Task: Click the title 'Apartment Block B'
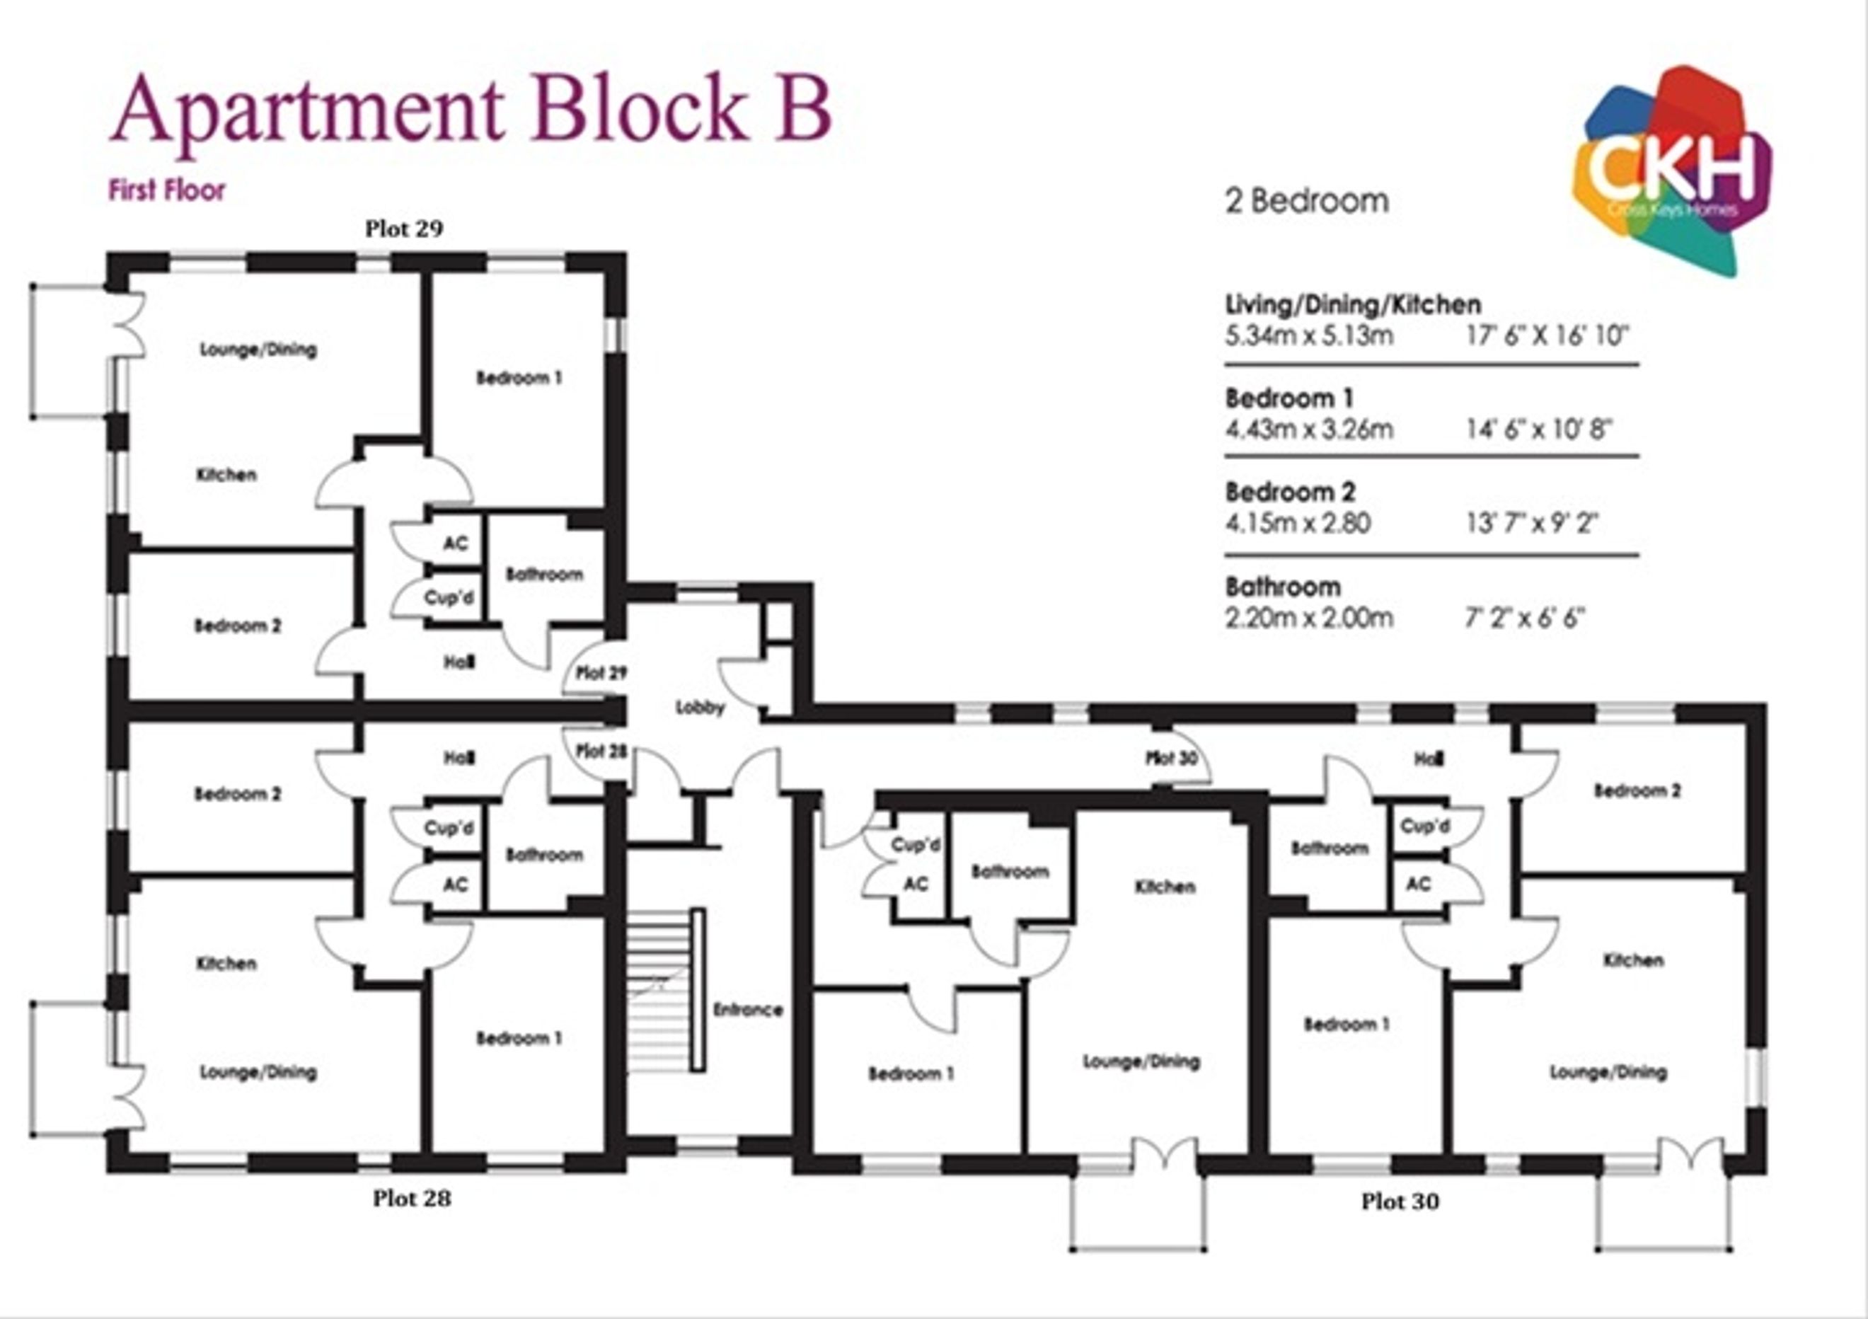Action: coord(471,113)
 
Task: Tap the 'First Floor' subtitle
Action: coord(167,190)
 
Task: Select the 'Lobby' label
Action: coord(700,707)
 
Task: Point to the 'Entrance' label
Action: coord(748,1010)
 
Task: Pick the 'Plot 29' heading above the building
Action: coord(403,229)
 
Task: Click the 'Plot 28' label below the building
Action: coord(412,1199)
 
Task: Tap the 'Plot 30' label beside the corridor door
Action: coord(1172,758)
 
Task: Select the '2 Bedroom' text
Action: coord(1308,201)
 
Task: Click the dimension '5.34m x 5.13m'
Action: coord(1309,335)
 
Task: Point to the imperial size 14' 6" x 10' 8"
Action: coord(1539,429)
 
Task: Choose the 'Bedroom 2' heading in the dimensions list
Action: coord(1291,493)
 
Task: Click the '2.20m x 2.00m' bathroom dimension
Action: coord(1309,618)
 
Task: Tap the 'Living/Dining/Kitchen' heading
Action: coord(1353,305)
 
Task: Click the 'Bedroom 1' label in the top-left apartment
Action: coord(519,378)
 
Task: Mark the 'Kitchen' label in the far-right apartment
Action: coord(1633,960)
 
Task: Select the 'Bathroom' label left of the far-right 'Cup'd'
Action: coord(1330,848)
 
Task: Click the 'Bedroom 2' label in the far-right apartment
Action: coord(1637,790)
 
